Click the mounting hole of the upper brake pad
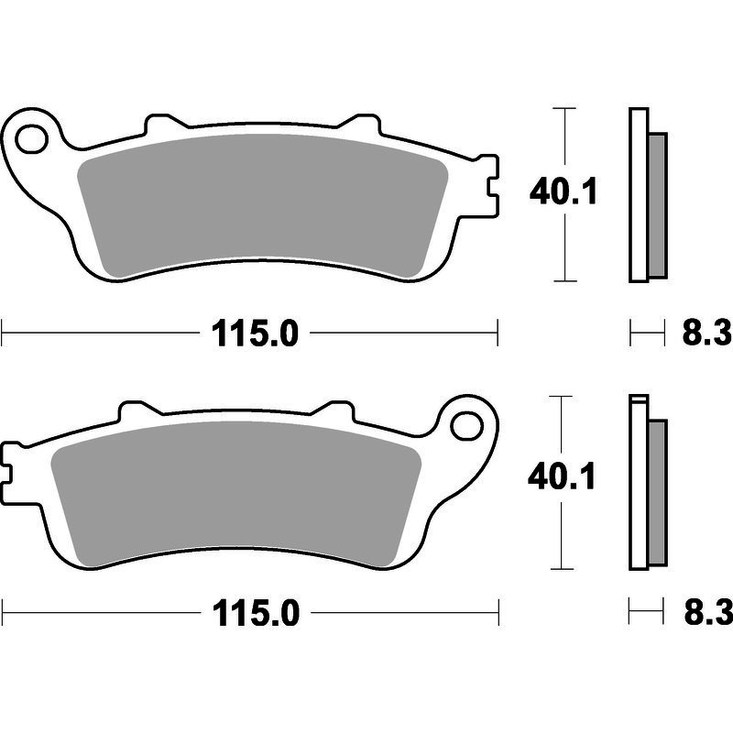pos(32,138)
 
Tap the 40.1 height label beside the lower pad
pos(562,476)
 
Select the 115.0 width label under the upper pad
pos(255,334)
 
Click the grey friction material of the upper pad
pos(263,205)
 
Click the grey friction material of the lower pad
pos(236,493)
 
